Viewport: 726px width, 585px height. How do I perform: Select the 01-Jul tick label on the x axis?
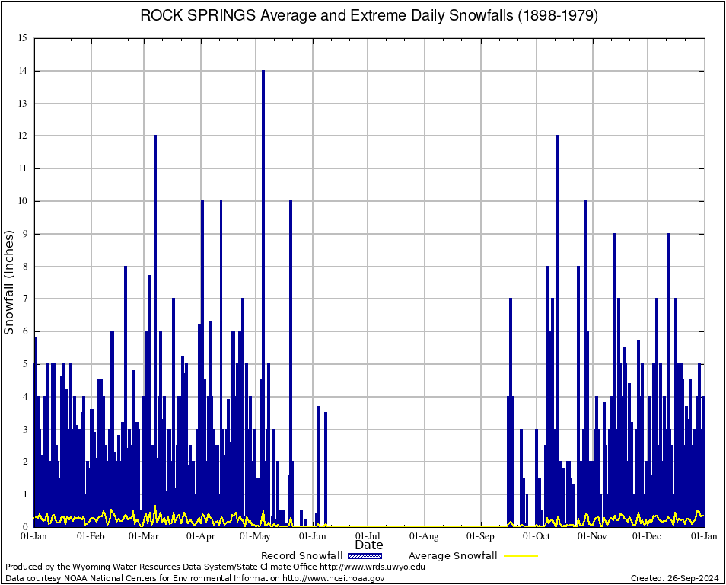pos(368,536)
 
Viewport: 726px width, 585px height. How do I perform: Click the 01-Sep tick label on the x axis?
pos(481,536)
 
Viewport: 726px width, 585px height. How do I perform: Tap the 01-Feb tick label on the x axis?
pos(91,536)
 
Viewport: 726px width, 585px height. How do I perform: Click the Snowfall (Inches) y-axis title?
pos(9,282)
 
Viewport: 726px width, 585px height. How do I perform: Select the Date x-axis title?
pos(369,545)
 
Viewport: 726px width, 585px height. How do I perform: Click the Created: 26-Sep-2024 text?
pos(675,578)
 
